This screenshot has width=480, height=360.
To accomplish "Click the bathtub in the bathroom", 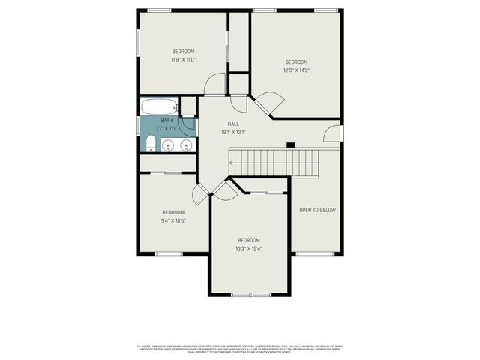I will tap(159, 106).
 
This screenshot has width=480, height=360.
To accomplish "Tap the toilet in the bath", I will tap(150, 142).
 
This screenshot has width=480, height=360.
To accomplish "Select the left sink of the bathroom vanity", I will tap(167, 145).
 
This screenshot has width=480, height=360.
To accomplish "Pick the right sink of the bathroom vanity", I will tap(185, 145).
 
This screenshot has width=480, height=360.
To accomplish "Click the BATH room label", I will tap(166, 120).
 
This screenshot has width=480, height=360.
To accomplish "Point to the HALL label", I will tap(233, 124).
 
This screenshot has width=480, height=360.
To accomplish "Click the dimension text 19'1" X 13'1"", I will tap(233, 133).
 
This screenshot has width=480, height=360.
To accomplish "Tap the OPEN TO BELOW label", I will tap(317, 210).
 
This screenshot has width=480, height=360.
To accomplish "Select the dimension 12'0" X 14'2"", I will tap(296, 70).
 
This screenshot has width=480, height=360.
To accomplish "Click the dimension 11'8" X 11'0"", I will tap(183, 60).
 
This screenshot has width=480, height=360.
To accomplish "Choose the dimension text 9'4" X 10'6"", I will tap(173, 220).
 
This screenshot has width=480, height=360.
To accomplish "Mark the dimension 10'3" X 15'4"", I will tap(248, 248).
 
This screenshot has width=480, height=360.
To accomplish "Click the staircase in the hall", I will tap(274, 160).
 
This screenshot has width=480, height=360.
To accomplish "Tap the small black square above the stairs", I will tap(291, 144).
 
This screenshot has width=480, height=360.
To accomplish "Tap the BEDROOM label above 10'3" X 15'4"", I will tap(248, 240).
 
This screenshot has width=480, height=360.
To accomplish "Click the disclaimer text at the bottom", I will tap(240, 349).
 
